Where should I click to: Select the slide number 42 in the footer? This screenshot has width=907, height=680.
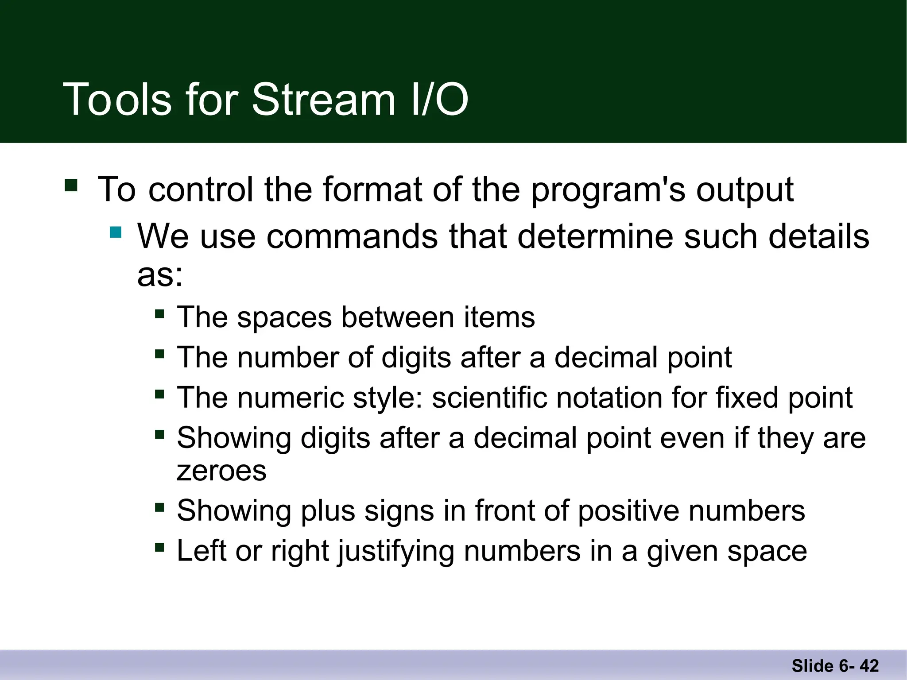point(869,666)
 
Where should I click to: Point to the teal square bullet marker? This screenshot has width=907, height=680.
point(116,232)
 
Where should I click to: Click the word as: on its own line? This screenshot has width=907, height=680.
point(160,275)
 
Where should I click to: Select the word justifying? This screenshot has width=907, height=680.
point(395,551)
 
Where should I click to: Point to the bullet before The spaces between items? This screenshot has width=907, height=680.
point(159,314)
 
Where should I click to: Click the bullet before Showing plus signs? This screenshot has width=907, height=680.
point(159,507)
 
